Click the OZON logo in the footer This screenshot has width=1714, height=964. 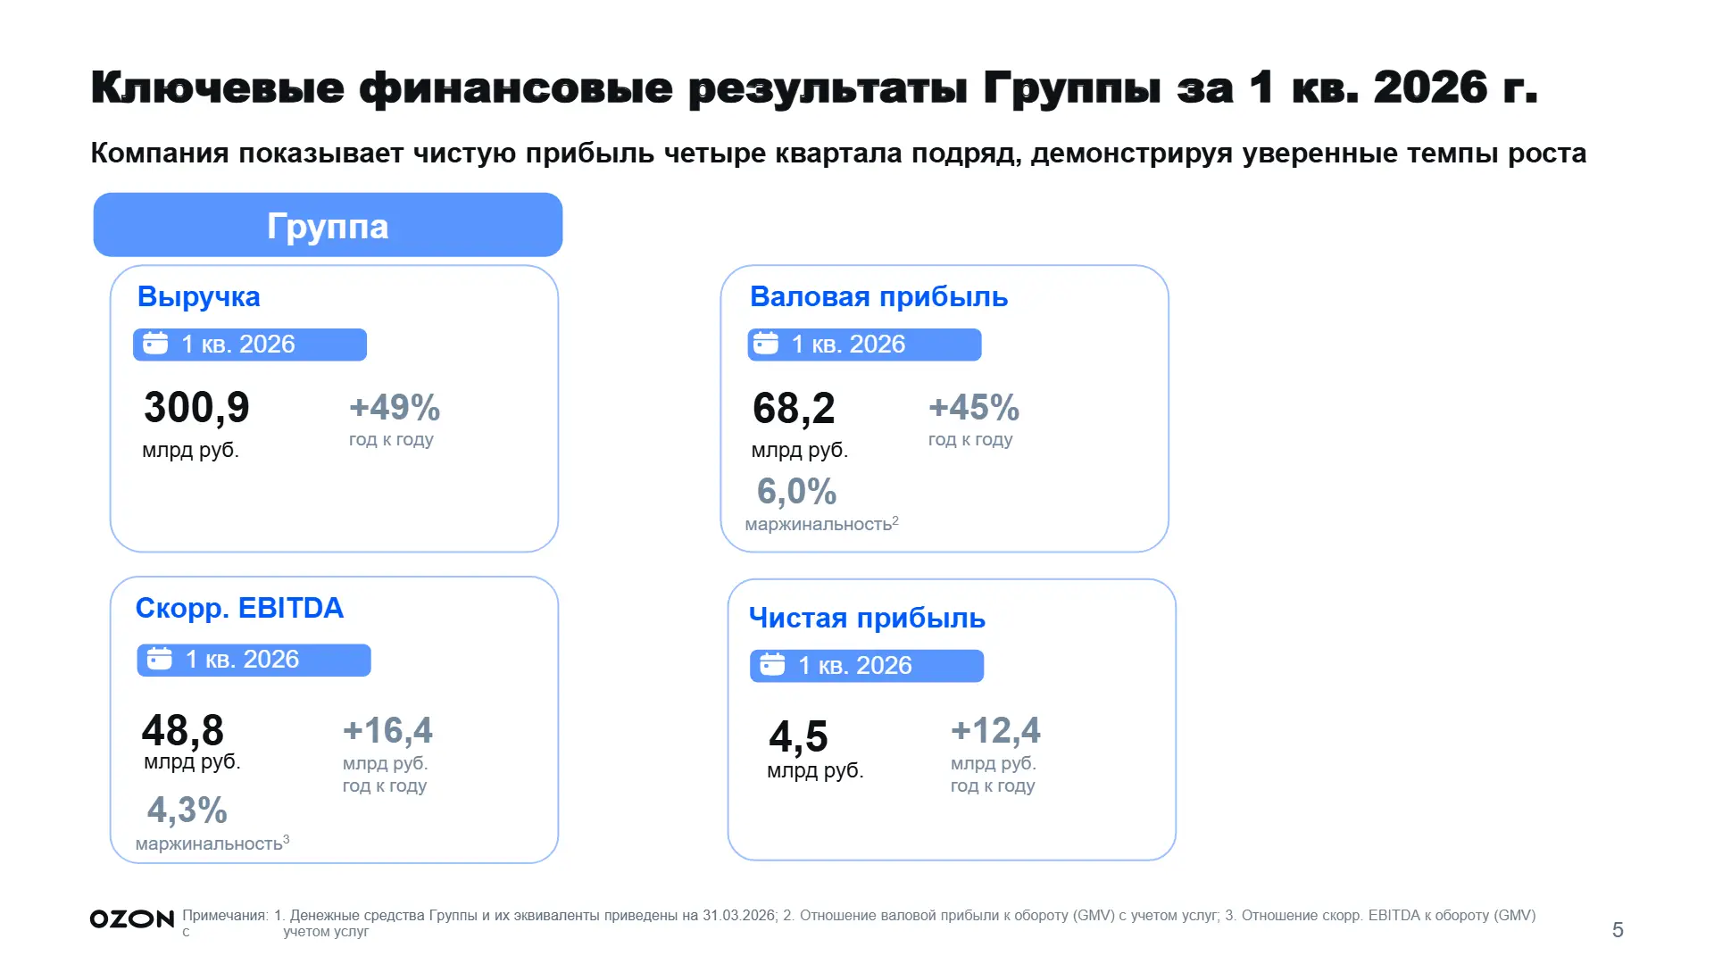click(132, 919)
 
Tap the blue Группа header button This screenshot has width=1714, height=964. click(328, 225)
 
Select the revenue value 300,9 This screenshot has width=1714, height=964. click(196, 408)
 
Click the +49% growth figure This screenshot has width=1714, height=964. click(395, 408)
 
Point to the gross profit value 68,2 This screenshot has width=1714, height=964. click(794, 409)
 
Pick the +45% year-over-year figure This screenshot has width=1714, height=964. click(974, 408)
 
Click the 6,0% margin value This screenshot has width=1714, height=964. click(796, 491)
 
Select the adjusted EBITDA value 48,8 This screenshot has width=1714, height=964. click(183, 730)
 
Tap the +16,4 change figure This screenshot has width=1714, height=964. click(387, 731)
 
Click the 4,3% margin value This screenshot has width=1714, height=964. click(187, 810)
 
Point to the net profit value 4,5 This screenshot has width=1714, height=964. click(798, 737)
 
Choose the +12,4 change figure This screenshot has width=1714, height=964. click(995, 731)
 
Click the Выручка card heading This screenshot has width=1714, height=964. click(198, 296)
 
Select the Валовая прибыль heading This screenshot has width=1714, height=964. click(878, 296)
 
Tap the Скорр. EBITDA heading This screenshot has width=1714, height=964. click(239, 608)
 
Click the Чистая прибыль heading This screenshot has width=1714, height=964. click(867, 618)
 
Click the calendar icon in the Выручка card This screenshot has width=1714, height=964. click(155, 343)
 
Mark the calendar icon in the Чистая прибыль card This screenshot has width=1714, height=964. click(772, 664)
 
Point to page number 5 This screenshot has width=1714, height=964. click(1618, 930)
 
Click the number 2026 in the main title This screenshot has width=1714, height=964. click(1431, 87)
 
